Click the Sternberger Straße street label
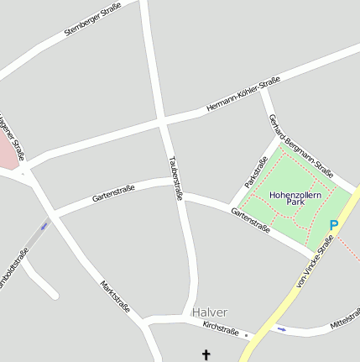(x=92, y=18)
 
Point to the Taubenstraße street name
(x=175, y=177)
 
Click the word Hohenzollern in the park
(x=295, y=194)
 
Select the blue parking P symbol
(x=333, y=225)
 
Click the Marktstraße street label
(x=115, y=296)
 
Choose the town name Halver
(x=209, y=312)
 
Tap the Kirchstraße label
(x=222, y=328)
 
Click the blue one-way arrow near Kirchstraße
(x=282, y=329)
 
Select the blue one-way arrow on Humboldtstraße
(x=44, y=225)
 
